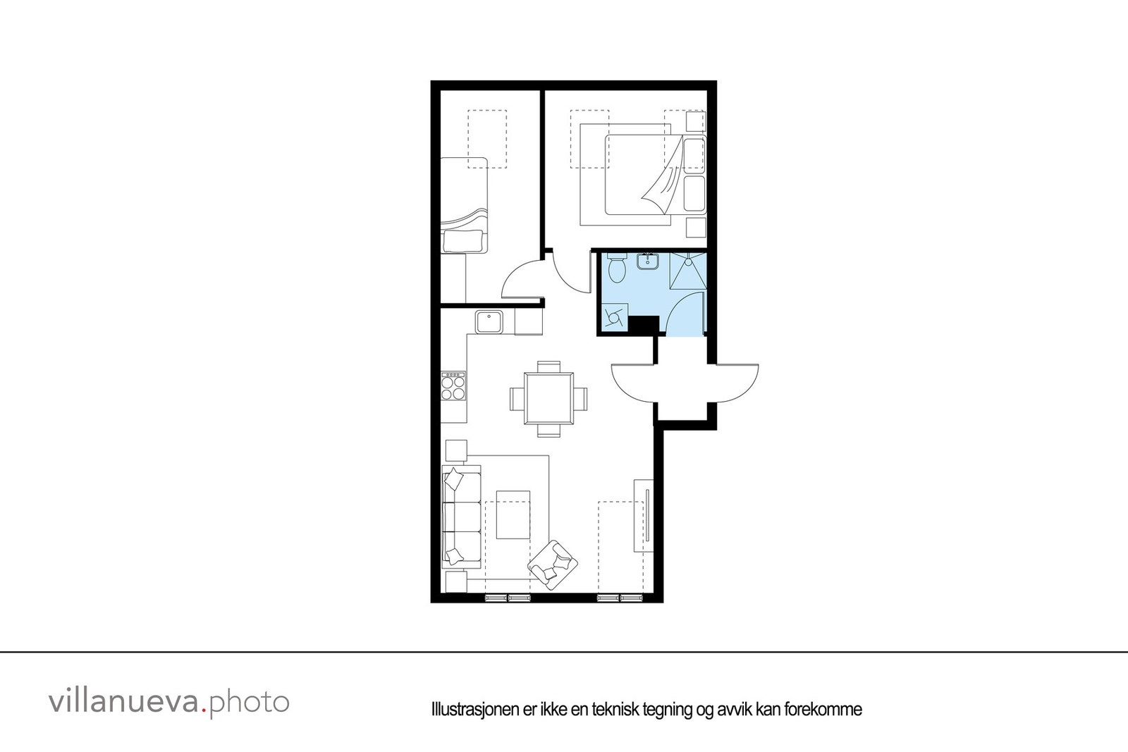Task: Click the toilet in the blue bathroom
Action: coord(617,269)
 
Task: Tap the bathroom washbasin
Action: coord(647,262)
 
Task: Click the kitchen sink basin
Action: coord(489,323)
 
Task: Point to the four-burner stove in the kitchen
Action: coord(453,387)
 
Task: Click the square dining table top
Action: coord(548,398)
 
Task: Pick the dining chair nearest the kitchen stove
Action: coord(516,398)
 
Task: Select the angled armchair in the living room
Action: coord(553,565)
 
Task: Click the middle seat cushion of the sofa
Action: coord(461,517)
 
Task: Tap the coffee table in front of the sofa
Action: coord(513,514)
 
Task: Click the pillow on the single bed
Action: coord(464,241)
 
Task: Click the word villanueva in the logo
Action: coord(123,702)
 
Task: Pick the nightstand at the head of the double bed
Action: coord(695,121)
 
